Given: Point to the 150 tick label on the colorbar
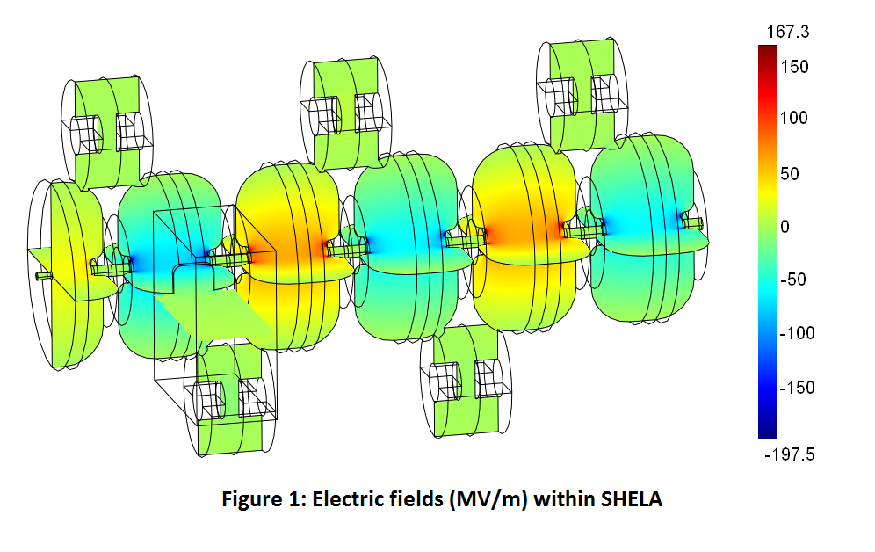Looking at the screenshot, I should coord(793,67).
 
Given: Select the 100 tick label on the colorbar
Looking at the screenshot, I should coord(793,119).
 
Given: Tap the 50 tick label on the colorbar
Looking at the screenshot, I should coord(789,173).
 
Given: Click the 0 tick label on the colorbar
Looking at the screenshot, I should coord(785,227).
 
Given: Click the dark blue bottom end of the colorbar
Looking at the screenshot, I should coord(766,432).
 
